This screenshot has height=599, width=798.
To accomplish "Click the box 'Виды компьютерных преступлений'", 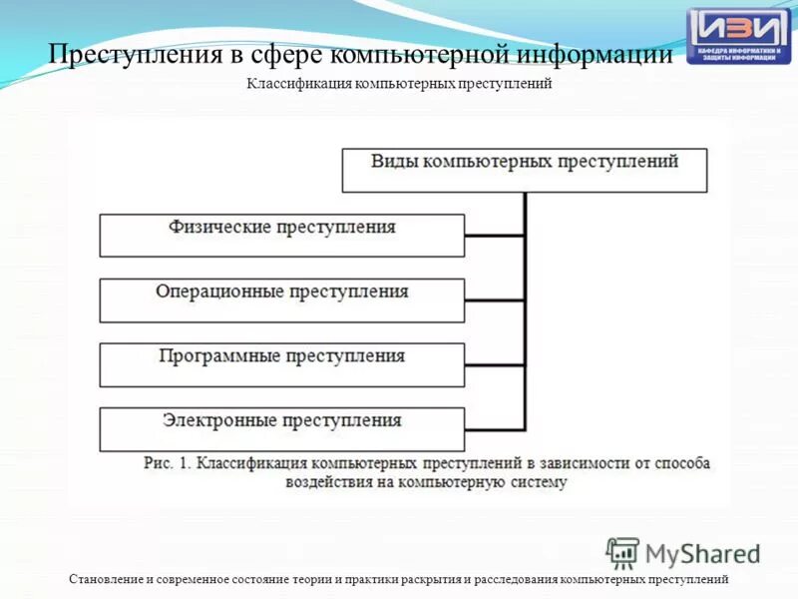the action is coord(525,171).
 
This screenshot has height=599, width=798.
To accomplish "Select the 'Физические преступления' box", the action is coord(281,236).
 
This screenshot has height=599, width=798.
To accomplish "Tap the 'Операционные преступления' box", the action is coord(281,299).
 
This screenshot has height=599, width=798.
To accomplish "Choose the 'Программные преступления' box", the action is coord(281,364).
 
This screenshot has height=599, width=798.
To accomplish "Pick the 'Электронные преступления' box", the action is coord(281,428).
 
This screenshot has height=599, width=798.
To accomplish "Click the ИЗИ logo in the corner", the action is coord(738,36).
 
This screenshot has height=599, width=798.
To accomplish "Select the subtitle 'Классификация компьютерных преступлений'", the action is coord(399,85).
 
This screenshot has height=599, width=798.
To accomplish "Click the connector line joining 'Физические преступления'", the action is coord(494,236).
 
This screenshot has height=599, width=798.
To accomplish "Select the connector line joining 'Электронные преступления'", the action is coord(494,428).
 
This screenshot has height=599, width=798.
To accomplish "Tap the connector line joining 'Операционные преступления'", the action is coord(494,299).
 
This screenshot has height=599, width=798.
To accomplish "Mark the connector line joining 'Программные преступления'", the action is coord(494,364).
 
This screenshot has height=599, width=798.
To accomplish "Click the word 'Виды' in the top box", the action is coord(394,161).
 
